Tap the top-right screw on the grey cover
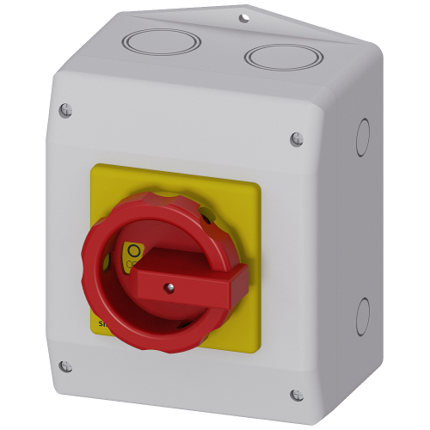297,137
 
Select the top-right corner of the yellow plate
259,185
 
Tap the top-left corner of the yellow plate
93,168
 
